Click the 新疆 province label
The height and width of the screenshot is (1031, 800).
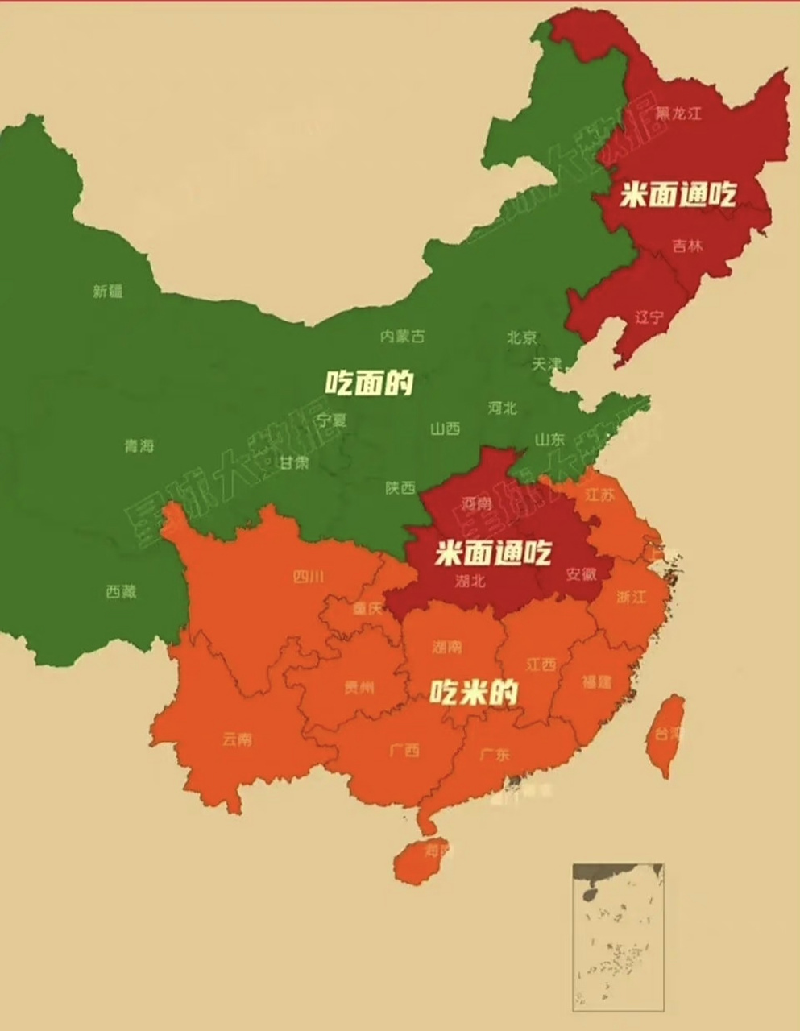coord(108,292)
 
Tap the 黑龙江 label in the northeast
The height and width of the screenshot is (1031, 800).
coord(678,114)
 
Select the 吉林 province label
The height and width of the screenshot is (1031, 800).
coord(687,246)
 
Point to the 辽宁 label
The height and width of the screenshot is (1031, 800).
coord(649,317)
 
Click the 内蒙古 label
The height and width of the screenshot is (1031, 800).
coord(402,337)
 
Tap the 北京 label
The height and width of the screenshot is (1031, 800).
coord(521,337)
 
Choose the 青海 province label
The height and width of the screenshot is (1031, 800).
coord(139,445)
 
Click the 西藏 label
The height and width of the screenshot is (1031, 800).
coord(121,591)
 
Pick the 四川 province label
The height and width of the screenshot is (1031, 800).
coord(308,577)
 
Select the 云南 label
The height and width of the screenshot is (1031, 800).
coord(237,739)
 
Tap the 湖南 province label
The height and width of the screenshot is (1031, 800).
coord(447,646)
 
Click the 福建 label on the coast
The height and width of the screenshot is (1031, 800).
coord(597,681)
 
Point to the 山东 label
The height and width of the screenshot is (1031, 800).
coord(549,440)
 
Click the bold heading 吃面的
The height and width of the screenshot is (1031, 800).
coord(369,382)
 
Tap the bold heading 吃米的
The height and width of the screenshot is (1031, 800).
coord(473,692)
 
